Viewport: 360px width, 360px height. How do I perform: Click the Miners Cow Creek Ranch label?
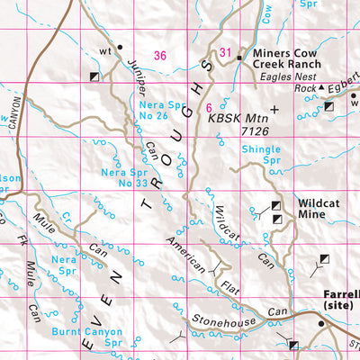[x=285, y=64]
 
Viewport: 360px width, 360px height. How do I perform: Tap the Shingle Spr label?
[x=261, y=155]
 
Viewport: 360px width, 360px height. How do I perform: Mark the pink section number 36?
[x=160, y=56]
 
